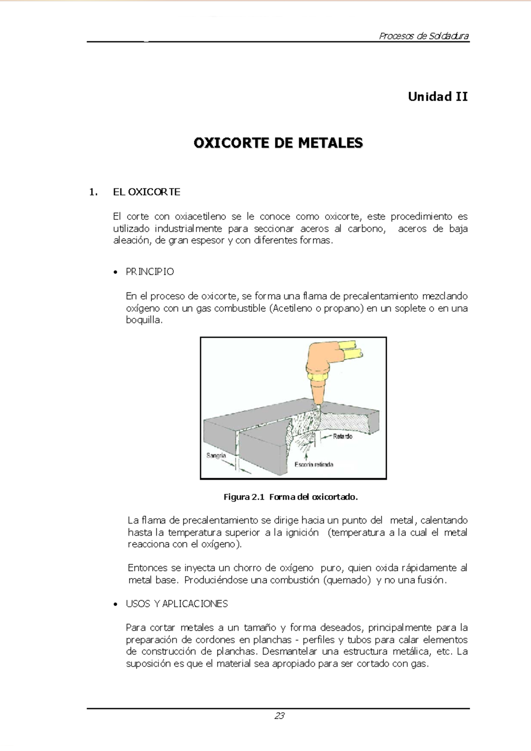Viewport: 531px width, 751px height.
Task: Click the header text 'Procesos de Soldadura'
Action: pyautogui.click(x=423, y=36)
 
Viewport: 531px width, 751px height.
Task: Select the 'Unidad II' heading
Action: pyautogui.click(x=437, y=96)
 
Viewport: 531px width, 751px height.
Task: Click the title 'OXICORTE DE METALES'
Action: pyautogui.click(x=278, y=143)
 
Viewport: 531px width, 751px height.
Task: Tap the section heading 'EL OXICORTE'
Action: pyautogui.click(x=146, y=192)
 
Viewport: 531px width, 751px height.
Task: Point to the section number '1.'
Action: pyautogui.click(x=92, y=192)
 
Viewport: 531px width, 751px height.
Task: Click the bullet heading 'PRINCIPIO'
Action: pyautogui.click(x=150, y=272)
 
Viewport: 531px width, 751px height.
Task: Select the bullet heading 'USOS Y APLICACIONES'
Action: pyautogui.click(x=177, y=604)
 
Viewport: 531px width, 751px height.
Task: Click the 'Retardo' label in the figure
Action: pyautogui.click(x=342, y=437)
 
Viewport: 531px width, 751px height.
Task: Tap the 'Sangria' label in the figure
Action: pyautogui.click(x=216, y=456)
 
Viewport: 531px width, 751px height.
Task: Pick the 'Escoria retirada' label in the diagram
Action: pyautogui.click(x=314, y=464)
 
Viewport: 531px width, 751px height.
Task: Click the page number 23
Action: pyautogui.click(x=279, y=716)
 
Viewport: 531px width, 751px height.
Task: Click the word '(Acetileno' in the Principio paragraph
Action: pyautogui.click(x=290, y=308)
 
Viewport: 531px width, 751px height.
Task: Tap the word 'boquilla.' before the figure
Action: pyautogui.click(x=144, y=320)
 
